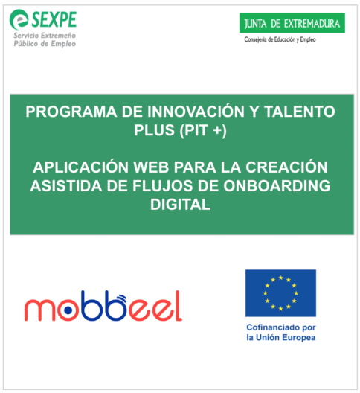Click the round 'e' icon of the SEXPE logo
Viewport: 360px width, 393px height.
[19, 19]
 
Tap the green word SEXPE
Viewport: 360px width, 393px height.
[54, 19]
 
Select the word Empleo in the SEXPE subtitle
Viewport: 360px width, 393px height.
[63, 44]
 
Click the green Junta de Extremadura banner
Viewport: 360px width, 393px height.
[292, 23]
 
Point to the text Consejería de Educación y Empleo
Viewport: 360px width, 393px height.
[280, 39]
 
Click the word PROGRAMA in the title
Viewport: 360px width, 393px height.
[71, 112]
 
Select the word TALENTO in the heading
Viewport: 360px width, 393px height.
[300, 112]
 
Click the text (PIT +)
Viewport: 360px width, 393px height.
[203, 130]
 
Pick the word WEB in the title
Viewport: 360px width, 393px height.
[151, 167]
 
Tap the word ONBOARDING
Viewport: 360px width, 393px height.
[277, 186]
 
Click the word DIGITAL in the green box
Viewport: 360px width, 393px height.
[181, 205]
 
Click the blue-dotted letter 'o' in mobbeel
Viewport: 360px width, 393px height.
[68, 310]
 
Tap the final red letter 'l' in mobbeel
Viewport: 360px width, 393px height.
[178, 306]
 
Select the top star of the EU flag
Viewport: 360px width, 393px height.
[280, 278]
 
